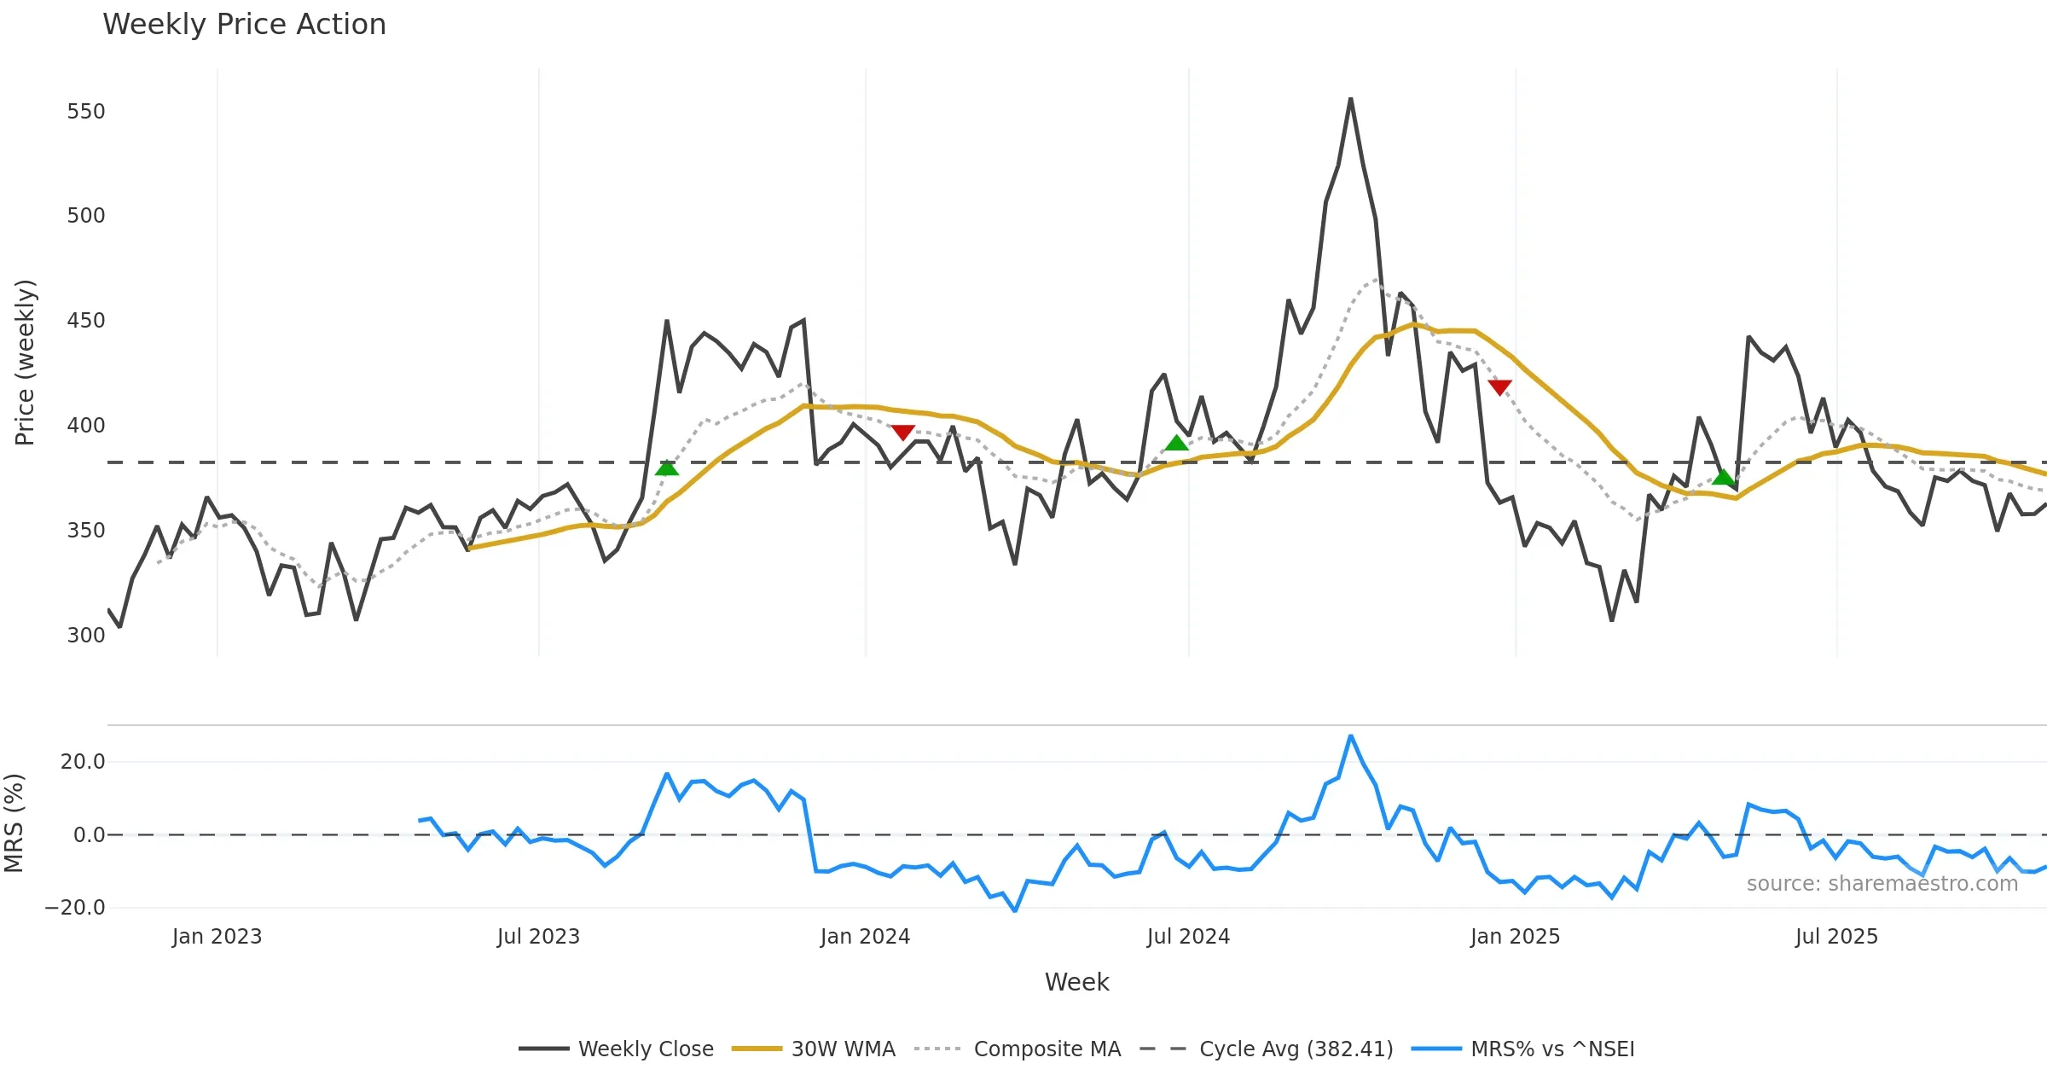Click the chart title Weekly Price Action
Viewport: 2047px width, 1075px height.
[244, 25]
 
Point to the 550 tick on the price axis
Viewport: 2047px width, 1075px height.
[86, 112]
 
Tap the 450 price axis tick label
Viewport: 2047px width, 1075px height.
[86, 321]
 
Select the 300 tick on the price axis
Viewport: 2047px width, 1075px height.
[86, 636]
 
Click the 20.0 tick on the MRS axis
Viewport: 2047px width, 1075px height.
[83, 762]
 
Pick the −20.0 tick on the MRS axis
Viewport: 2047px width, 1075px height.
[75, 908]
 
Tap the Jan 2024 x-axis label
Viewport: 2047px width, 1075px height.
[865, 937]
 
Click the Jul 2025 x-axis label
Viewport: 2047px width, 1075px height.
[1836, 937]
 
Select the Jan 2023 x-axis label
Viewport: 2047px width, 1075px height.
[217, 937]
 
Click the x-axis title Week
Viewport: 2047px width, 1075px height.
[1076, 983]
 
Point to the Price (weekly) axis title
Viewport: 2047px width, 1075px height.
[25, 363]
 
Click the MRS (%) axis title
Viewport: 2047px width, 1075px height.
[14, 823]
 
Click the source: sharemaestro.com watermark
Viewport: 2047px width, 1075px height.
[1882, 884]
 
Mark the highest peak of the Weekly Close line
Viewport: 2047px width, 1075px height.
[1351, 99]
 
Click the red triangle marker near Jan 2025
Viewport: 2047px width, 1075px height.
[1499, 387]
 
